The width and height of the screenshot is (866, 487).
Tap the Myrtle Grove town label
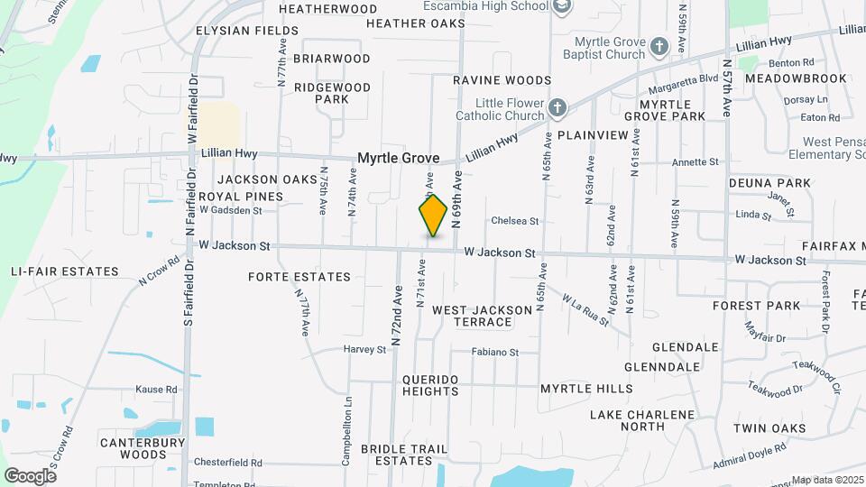click(x=398, y=158)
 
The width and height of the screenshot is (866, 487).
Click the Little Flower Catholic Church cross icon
click(x=557, y=109)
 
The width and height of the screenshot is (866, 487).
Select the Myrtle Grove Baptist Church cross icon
click(x=659, y=46)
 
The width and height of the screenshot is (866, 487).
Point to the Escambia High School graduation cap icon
click(x=562, y=7)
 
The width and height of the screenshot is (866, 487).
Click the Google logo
click(x=30, y=475)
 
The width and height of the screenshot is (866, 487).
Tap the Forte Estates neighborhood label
click(x=299, y=277)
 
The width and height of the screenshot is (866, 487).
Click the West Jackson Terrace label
click(x=482, y=316)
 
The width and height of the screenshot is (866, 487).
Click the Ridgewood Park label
click(x=331, y=93)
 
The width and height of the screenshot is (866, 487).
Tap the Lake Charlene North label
click(x=642, y=420)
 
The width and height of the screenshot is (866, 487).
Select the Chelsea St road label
click(x=514, y=221)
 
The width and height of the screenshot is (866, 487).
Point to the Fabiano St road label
click(x=495, y=353)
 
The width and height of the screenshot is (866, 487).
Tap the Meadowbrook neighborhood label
click(x=796, y=78)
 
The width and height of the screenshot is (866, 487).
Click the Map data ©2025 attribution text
click(x=826, y=480)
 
